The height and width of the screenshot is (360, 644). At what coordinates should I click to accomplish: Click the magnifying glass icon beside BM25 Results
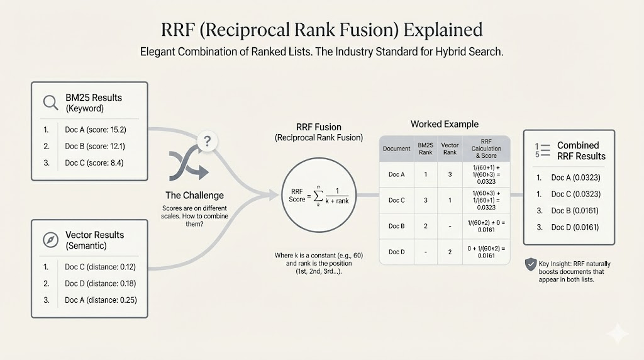pos(50,102)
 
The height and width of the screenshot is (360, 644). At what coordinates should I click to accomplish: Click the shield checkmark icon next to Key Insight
pos(530,265)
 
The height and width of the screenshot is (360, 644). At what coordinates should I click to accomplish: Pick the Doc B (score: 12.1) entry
pos(95,146)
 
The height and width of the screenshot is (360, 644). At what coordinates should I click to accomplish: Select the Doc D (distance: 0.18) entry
pos(100,283)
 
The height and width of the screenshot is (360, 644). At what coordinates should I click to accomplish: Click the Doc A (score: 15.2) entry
pos(96,130)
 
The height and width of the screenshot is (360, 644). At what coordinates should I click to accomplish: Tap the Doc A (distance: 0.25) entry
pos(101,300)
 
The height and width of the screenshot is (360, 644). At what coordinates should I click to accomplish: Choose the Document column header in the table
pos(396,149)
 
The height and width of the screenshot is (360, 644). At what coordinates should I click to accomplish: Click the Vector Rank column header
pos(450,149)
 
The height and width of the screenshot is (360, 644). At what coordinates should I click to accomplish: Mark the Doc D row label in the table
pos(396,252)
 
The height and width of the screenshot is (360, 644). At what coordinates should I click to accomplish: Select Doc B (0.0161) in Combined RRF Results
pos(575,211)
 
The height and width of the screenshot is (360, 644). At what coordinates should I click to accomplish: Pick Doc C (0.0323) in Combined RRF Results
pos(575,194)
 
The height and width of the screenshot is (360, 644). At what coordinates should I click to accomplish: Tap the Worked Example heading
pos(445,124)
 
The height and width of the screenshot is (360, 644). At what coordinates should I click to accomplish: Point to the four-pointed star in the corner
pos(618,334)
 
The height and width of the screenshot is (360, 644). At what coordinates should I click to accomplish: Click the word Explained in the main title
pos(443,30)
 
